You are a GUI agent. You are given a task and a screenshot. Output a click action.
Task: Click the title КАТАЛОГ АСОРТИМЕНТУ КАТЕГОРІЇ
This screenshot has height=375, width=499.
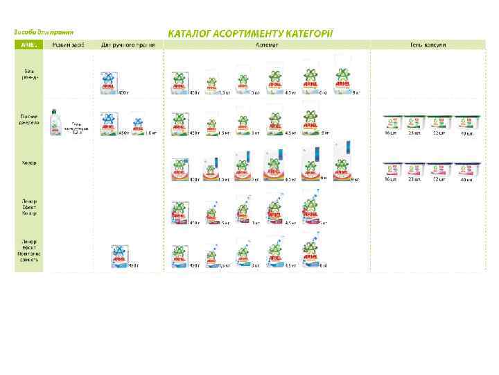point(250,33)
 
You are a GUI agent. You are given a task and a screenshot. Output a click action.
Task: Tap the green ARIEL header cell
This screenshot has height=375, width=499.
point(29,44)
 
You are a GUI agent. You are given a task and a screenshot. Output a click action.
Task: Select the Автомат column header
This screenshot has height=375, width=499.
point(266,44)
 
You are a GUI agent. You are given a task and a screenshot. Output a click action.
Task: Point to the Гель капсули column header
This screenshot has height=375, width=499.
point(427,44)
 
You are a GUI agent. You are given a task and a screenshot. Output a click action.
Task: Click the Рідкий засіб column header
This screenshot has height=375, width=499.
point(69,44)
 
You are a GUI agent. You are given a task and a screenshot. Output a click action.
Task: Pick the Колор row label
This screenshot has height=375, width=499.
point(29,163)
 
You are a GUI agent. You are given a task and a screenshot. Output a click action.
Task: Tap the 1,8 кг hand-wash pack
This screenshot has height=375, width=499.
point(138,126)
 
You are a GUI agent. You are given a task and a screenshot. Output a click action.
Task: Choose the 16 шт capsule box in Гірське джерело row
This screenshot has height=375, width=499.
point(393,124)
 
